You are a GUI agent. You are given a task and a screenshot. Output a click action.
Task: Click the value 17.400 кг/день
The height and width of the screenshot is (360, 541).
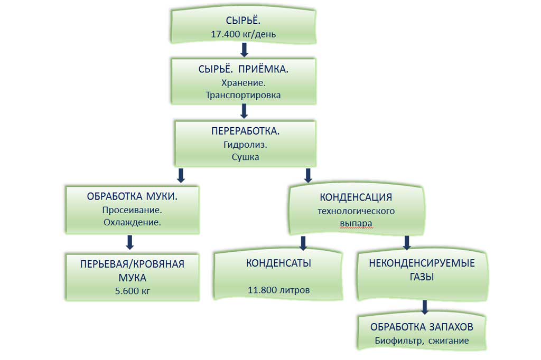click(244, 36)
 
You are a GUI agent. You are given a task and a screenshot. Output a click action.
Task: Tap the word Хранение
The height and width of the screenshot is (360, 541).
click(244, 83)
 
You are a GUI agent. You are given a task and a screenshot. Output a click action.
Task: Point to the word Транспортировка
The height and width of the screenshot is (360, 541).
click(244, 96)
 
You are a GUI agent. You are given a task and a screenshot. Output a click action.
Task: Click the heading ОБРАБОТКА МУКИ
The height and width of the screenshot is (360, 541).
click(132, 197)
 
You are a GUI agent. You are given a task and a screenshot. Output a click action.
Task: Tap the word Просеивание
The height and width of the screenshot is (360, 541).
click(132, 210)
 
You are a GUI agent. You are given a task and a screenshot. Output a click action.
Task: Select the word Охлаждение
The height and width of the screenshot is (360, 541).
click(132, 222)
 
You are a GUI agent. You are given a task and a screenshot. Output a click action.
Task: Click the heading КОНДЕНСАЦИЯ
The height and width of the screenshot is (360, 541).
click(356, 197)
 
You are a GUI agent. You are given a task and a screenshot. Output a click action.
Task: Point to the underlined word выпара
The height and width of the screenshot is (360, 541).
click(356, 223)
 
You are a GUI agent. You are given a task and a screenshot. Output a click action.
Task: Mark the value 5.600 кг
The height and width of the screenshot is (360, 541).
click(132, 290)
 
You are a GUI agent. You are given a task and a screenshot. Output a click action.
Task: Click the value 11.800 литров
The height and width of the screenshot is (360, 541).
click(278, 290)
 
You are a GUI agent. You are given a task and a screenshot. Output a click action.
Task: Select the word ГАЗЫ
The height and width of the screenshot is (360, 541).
click(422, 276)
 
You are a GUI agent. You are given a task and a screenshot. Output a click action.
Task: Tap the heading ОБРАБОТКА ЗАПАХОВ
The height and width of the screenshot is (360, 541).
click(422, 327)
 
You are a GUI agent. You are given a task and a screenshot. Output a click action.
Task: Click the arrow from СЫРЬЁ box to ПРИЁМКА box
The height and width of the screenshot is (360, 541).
click(244, 50)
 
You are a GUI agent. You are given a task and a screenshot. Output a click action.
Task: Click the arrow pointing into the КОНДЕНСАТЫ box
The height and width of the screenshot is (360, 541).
click(303, 243)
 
